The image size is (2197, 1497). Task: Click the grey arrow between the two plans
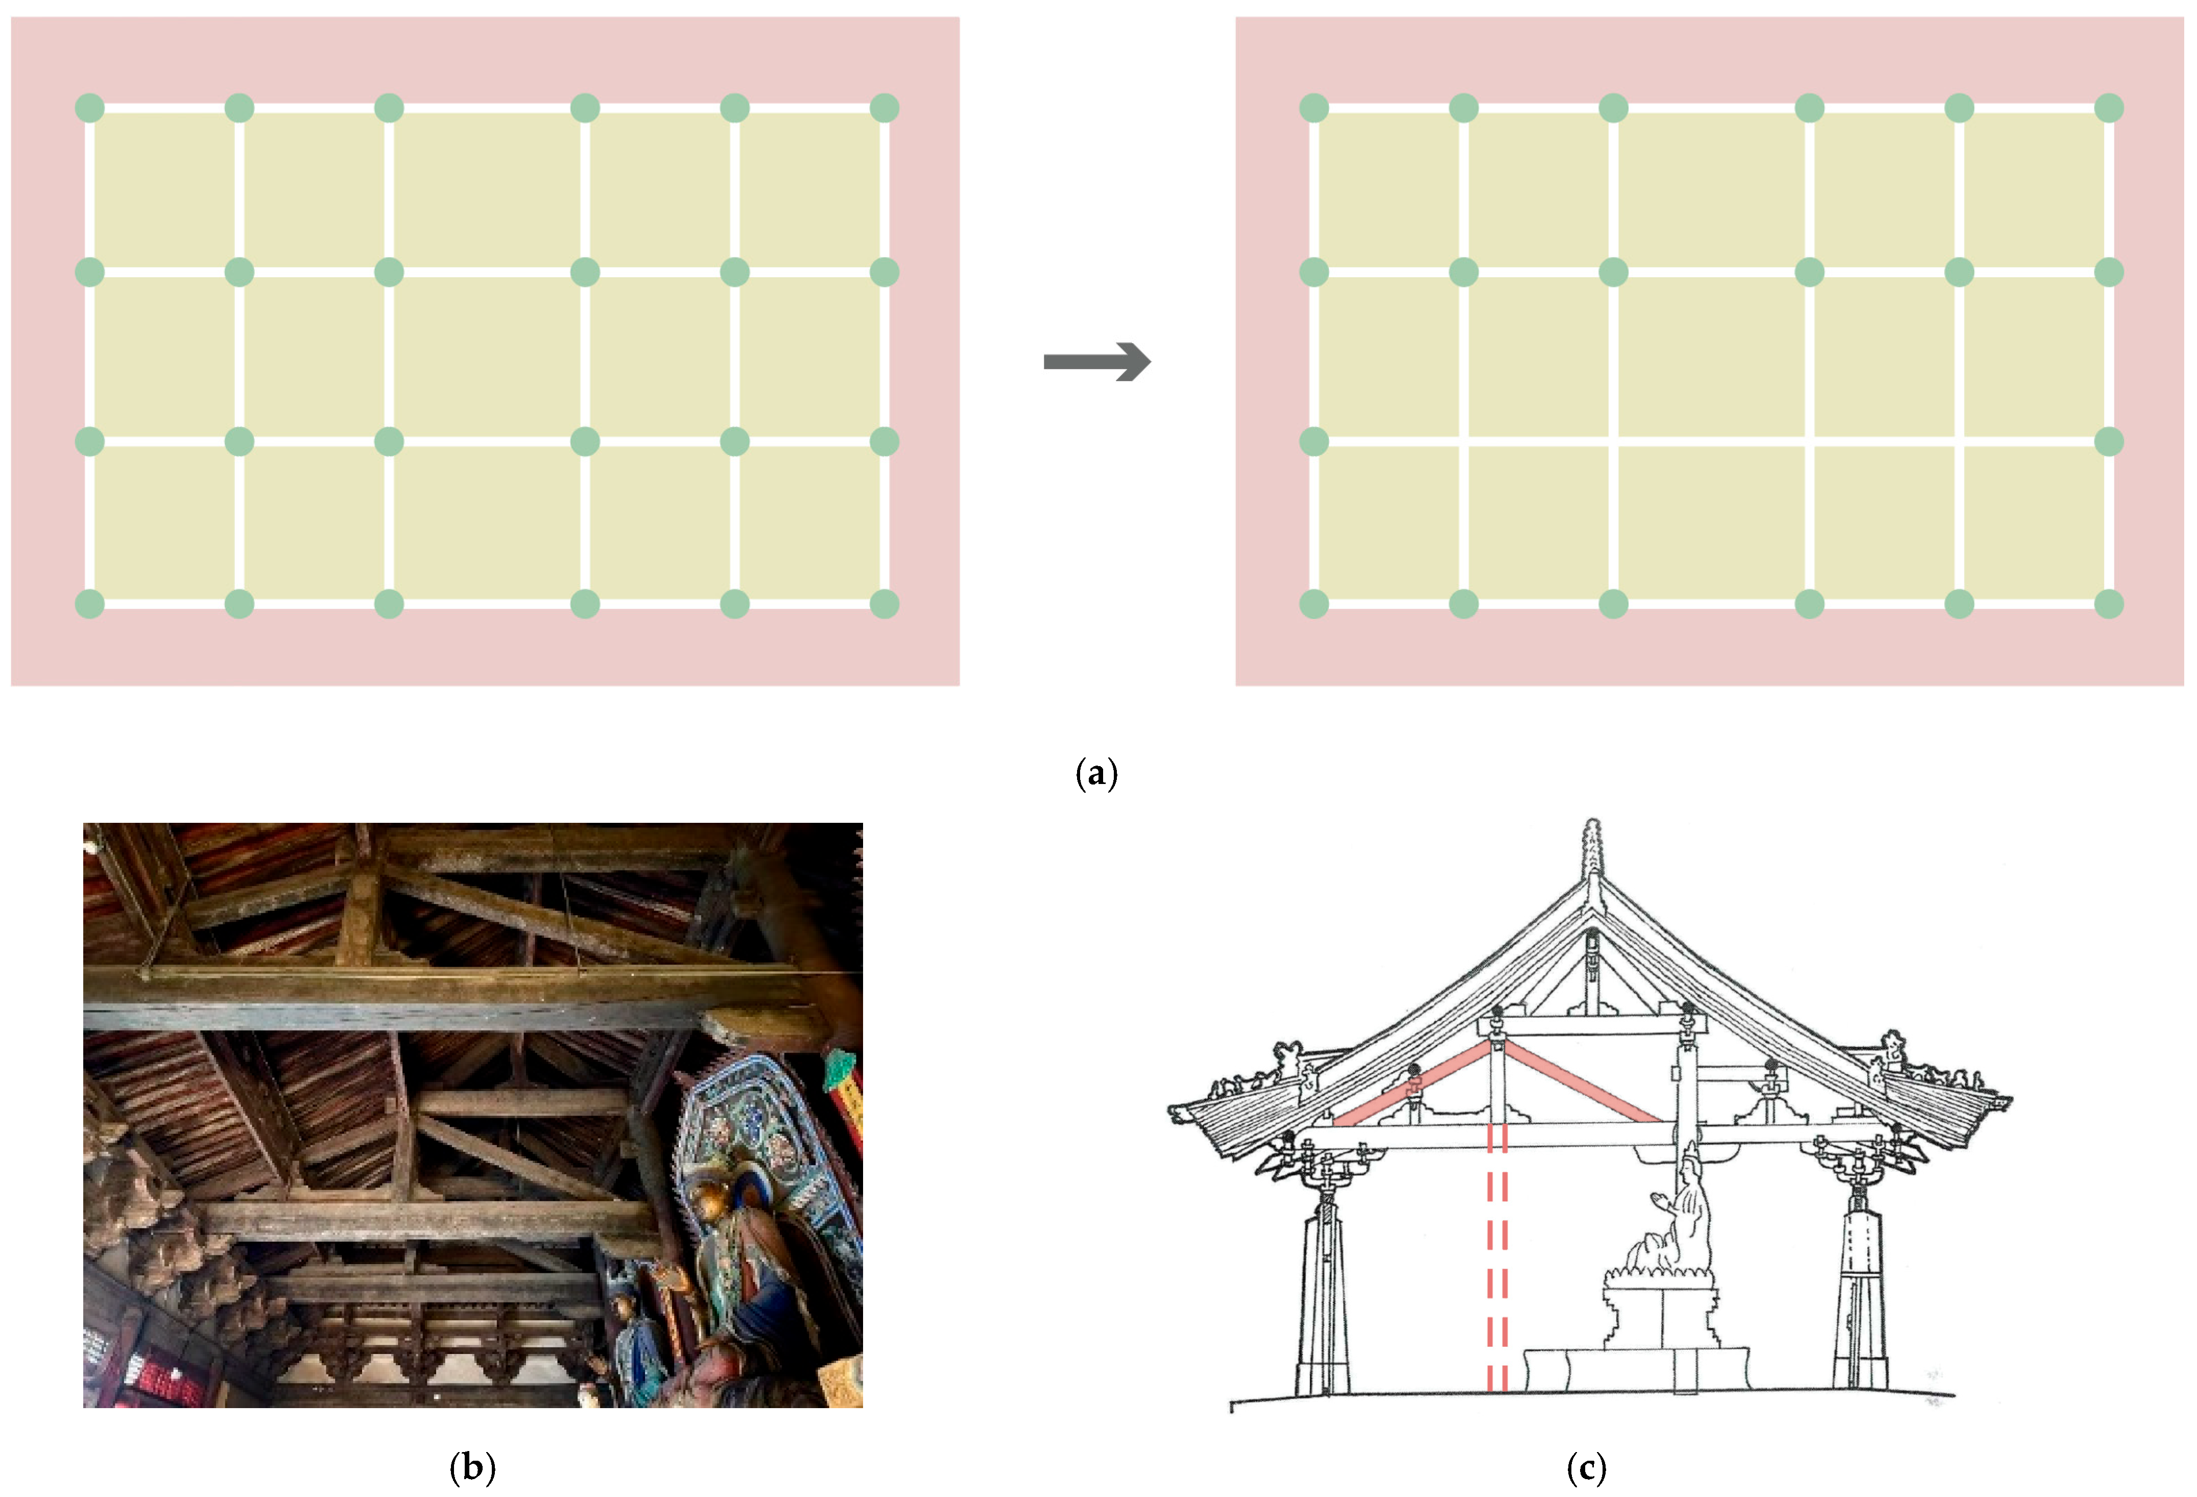(1096, 361)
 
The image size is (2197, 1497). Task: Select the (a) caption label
(1096, 774)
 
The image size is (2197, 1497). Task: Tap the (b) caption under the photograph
(473, 1467)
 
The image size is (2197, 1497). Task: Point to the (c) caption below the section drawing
(1586, 1467)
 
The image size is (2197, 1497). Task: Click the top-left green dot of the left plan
(90, 108)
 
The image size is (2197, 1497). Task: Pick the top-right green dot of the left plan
(884, 108)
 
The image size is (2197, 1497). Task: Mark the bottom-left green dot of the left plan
(90, 603)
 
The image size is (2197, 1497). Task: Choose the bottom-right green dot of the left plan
(884, 603)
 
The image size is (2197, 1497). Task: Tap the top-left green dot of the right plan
(1314, 108)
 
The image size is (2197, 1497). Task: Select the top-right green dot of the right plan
(2109, 108)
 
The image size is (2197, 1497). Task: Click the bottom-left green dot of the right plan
(1314, 603)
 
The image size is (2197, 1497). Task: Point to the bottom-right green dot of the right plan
(2109, 603)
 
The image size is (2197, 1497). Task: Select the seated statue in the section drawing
(1673, 1229)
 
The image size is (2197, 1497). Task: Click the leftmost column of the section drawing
(1324, 1305)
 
